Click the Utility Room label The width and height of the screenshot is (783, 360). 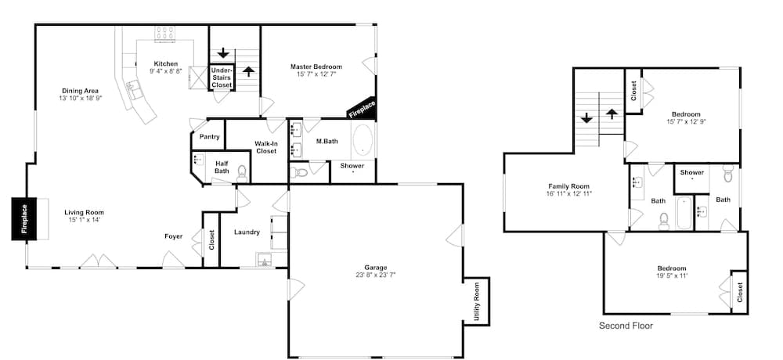point(476,301)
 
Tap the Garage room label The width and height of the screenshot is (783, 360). point(376,268)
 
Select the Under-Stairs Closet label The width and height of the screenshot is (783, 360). point(222,78)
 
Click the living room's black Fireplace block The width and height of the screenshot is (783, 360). point(24,218)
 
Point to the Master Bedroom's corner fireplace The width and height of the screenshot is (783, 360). point(362,109)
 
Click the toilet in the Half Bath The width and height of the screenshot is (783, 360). point(242,172)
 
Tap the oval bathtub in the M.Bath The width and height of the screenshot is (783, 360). point(363,141)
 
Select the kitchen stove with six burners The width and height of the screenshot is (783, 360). point(164,34)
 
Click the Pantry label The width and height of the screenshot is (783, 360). point(209,137)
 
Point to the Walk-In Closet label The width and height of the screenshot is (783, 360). point(265,147)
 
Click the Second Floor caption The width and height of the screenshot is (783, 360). point(626,326)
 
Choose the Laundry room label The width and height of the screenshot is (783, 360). point(247,232)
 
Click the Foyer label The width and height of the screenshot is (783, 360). point(174,236)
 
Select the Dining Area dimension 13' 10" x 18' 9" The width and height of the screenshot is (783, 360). point(81,99)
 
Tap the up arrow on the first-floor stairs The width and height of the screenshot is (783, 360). point(248,70)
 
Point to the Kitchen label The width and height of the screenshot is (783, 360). point(166,63)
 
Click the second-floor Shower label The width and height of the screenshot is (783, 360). point(692,172)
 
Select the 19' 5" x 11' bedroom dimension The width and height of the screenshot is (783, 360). point(672,275)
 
